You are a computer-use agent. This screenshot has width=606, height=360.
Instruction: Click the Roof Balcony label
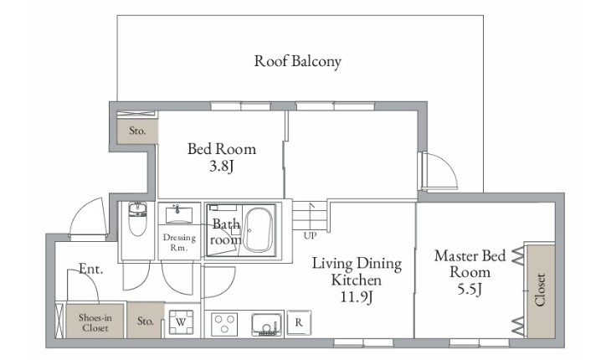(x=298, y=61)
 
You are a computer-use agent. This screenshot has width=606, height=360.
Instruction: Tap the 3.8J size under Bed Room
(x=222, y=167)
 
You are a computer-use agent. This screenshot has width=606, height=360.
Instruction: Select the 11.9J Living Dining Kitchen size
(x=357, y=296)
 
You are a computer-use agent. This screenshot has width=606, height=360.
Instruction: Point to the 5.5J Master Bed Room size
(x=470, y=289)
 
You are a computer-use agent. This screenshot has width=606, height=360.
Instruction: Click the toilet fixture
(x=137, y=219)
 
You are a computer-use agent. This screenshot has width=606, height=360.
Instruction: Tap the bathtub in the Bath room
(x=259, y=230)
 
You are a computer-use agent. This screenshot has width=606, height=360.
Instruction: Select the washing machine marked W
(x=181, y=322)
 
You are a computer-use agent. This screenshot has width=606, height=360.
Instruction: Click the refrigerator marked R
(x=299, y=322)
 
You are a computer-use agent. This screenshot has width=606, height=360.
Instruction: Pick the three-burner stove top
(x=224, y=324)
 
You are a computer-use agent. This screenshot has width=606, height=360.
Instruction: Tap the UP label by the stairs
(x=310, y=235)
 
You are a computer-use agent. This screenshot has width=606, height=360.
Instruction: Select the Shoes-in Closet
(x=95, y=321)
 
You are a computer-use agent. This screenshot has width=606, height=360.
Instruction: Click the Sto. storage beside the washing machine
(x=146, y=320)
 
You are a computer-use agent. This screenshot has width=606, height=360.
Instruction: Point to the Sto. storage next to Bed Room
(x=137, y=131)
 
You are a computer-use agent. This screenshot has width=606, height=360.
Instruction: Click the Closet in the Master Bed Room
(x=541, y=291)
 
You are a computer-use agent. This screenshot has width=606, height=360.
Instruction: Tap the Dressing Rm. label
(x=179, y=243)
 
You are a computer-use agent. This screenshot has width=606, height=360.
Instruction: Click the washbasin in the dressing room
(x=179, y=215)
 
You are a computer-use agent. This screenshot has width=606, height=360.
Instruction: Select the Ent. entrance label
(x=91, y=269)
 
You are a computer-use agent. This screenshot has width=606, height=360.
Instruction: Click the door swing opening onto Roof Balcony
(x=439, y=171)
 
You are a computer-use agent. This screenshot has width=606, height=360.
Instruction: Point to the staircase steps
(x=310, y=216)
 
